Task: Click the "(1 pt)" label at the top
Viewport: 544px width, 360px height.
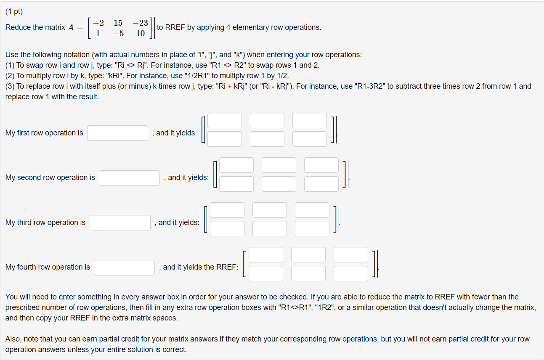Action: [14, 12]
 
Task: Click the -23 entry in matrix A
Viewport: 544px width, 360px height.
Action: [140, 23]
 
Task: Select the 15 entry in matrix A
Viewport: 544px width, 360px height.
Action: [118, 23]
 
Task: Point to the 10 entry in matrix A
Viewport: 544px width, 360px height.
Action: [141, 33]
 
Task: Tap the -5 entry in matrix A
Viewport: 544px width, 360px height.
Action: [118, 33]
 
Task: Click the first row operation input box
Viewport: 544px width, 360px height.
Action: [118, 133]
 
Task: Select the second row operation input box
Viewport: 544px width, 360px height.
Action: [130, 178]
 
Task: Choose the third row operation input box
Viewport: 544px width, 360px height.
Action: [120, 222]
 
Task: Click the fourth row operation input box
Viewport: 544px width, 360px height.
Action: [124, 267]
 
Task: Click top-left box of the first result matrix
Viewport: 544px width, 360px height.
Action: [225, 121]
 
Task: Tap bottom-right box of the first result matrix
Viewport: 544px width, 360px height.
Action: [310, 139]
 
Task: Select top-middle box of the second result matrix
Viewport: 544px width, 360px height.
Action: [279, 165]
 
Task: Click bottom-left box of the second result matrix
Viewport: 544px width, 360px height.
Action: [236, 184]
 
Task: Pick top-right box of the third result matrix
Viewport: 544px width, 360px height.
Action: [312, 210]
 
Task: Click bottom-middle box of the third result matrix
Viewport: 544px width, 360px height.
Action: [270, 228]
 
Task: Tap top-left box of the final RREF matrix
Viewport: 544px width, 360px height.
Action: [266, 255]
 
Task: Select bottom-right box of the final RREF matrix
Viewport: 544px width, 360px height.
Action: [351, 273]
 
